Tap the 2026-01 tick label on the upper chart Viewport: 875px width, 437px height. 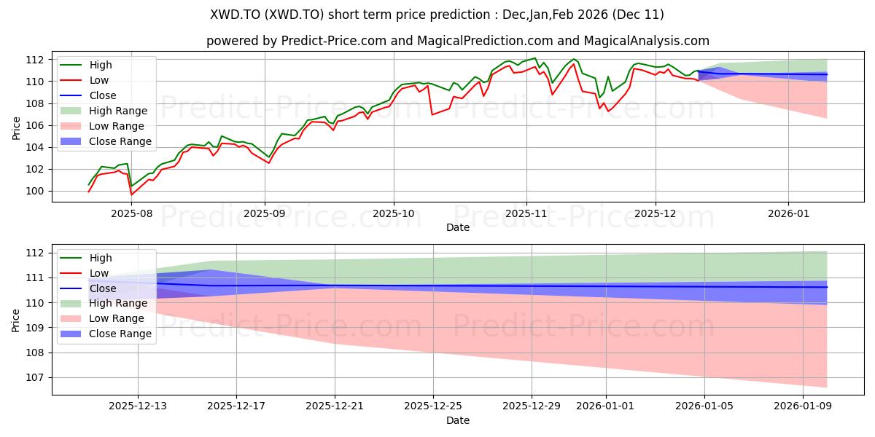[x=788, y=214]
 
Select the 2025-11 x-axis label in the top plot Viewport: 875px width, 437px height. [x=526, y=214]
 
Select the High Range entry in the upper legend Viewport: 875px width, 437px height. [x=117, y=111]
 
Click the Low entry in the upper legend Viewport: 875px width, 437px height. [x=99, y=80]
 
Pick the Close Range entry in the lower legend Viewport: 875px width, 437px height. [x=120, y=334]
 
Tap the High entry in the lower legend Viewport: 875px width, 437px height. [x=100, y=258]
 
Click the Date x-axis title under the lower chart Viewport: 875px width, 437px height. [x=458, y=420]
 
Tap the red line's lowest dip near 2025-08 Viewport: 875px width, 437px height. [x=131, y=194]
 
